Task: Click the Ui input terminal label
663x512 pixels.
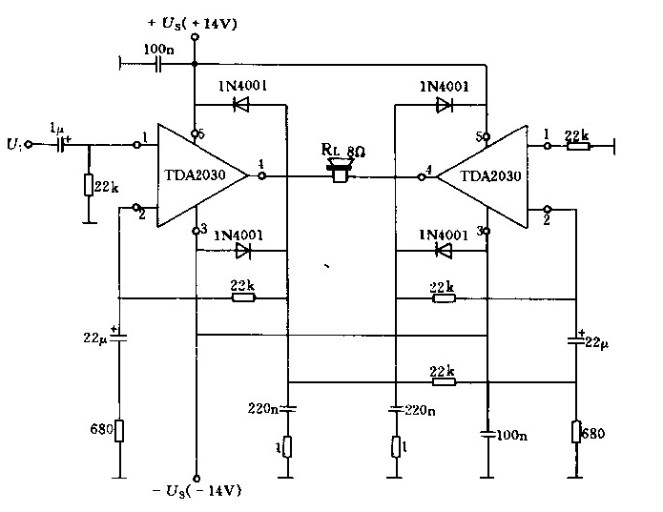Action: click(14, 144)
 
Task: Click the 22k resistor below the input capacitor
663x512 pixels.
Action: click(89, 185)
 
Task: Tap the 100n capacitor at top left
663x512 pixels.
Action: click(155, 65)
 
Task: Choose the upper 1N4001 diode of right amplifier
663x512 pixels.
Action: click(444, 104)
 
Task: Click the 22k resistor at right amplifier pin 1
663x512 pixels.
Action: click(576, 146)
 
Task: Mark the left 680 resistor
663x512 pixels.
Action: click(120, 431)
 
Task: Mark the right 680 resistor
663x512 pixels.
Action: click(578, 431)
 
